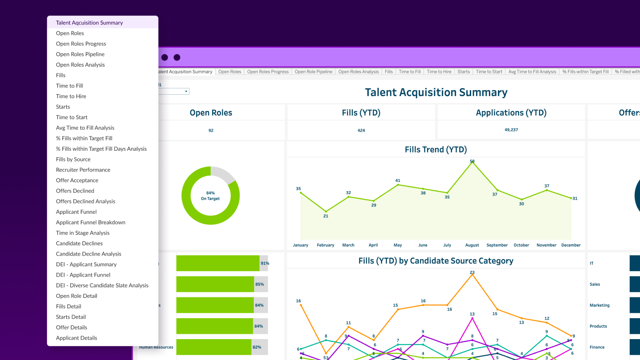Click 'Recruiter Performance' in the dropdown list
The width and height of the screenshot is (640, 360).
(83, 170)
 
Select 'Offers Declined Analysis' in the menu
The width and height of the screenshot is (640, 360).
(85, 201)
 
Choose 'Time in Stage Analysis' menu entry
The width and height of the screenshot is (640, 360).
(83, 233)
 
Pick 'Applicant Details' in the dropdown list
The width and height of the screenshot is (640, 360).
(76, 338)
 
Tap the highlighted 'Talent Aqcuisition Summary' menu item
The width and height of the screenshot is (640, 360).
(89, 23)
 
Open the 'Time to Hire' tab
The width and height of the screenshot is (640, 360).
(439, 72)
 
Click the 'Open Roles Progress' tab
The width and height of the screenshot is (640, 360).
(268, 72)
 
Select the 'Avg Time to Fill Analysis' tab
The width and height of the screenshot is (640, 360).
(532, 72)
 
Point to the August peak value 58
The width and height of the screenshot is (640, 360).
(472, 161)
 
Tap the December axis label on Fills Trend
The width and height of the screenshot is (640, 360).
(571, 245)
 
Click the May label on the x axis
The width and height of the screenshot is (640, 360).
(398, 245)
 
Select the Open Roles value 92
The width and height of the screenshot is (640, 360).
(211, 131)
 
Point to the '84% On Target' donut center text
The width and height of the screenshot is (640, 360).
(210, 196)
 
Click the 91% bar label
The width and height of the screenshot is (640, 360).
(264, 264)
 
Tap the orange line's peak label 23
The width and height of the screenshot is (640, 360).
(472, 273)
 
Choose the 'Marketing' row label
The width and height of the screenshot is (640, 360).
(600, 305)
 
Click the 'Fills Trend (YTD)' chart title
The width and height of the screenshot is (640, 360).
(436, 150)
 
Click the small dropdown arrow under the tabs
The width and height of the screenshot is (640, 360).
(186, 92)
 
